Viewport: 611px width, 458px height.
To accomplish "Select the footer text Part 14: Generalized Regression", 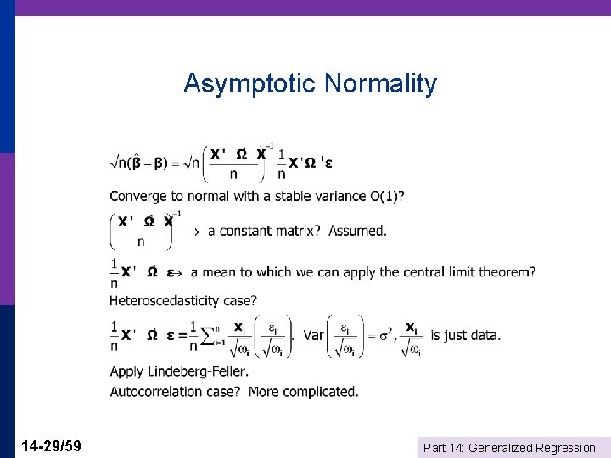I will coord(508,448).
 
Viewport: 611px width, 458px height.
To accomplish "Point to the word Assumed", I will coord(357,231).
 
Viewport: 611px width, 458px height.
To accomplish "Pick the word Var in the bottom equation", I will coord(313,335).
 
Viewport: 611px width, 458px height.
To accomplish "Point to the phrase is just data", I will coord(465,335).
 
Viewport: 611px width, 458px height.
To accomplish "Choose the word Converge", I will coord(137,196).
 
